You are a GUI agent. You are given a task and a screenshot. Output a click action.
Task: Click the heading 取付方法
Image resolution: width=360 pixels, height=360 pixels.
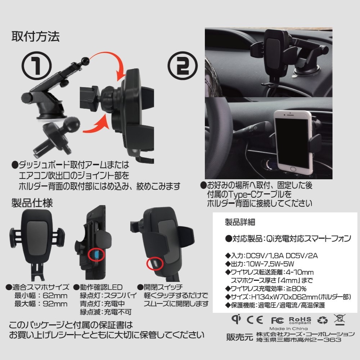point(35,36)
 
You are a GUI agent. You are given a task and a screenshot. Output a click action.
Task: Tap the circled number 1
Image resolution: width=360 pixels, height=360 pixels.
point(36,66)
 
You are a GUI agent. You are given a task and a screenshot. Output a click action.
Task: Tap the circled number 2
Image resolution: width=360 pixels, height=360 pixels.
point(183,66)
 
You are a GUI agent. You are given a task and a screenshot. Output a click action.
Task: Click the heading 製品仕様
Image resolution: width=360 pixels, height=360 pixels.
point(32,203)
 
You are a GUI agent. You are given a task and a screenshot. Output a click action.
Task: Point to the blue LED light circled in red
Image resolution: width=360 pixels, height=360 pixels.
point(96,255)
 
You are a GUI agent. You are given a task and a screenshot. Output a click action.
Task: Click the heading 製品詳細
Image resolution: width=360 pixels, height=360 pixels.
point(240,222)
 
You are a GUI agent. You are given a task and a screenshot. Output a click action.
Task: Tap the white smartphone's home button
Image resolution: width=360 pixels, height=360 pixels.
point(293,169)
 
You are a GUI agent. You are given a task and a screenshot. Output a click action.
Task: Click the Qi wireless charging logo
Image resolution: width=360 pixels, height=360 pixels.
point(236,319)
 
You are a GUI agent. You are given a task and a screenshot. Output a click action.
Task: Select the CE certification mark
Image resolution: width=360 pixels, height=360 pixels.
point(255,320)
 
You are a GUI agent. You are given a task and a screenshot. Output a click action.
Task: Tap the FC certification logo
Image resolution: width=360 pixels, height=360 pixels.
point(277,320)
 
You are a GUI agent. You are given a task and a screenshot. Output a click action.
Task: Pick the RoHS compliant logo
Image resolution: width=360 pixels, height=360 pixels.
point(300,320)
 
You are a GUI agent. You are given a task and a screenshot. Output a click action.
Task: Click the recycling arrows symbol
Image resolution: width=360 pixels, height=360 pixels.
point(322,320)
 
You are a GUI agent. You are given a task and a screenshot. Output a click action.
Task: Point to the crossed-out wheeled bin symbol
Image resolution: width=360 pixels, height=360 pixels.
point(339,320)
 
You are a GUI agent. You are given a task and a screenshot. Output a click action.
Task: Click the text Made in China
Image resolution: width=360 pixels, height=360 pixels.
point(288,329)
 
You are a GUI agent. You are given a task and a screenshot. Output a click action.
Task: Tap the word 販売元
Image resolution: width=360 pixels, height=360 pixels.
point(239,337)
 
